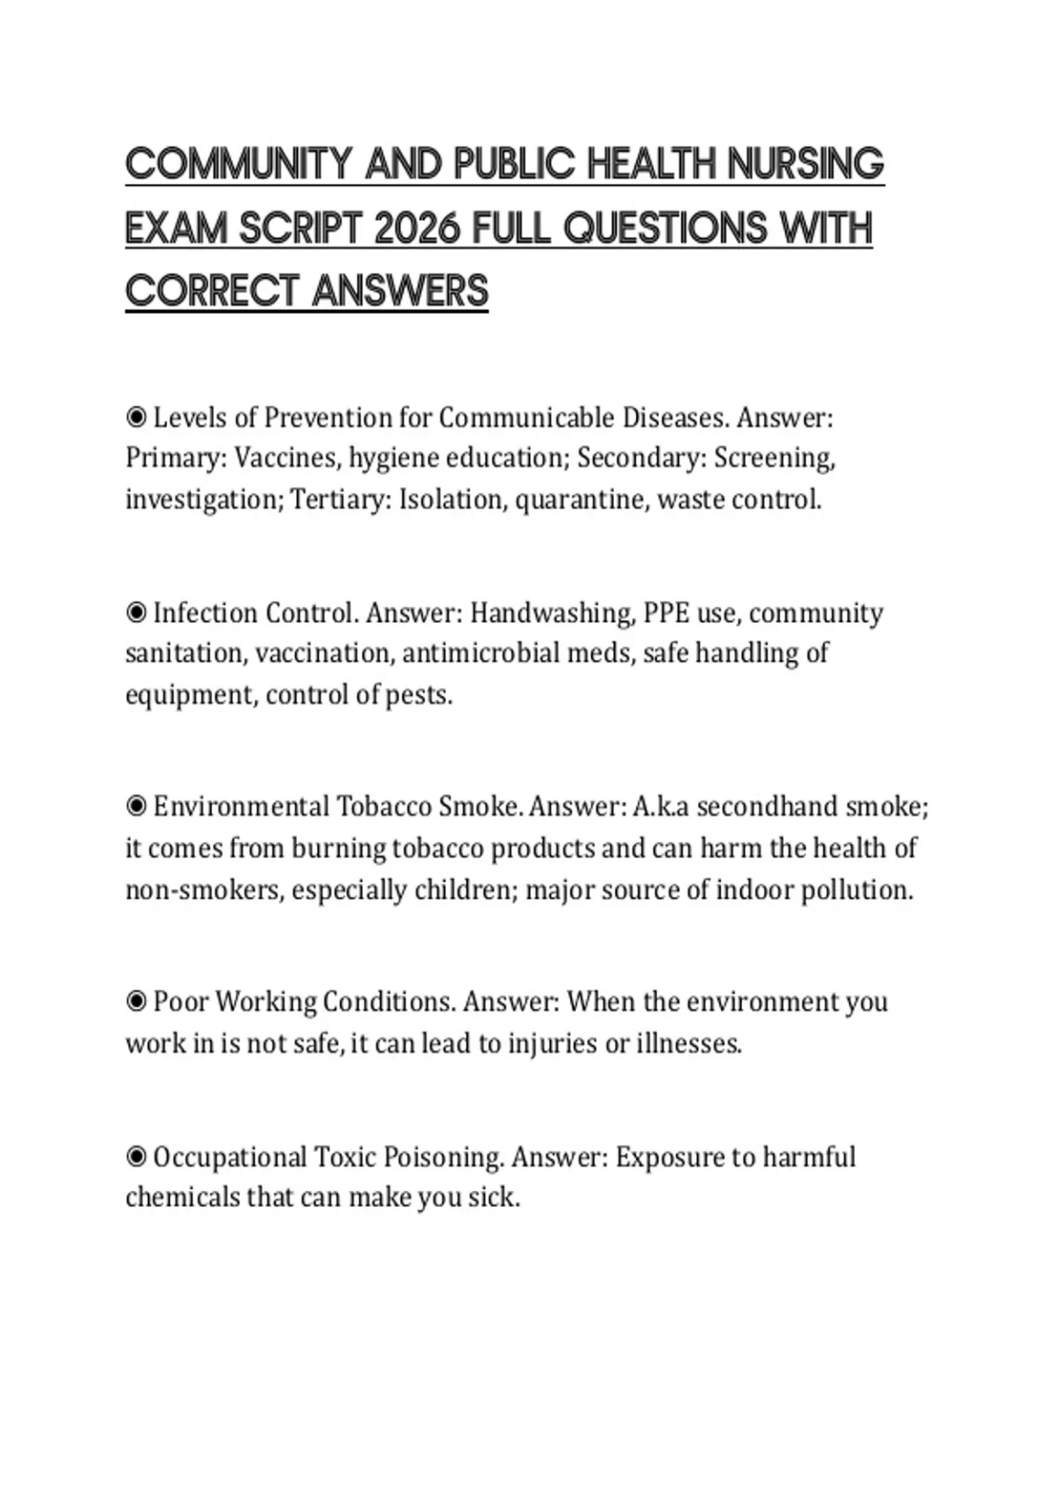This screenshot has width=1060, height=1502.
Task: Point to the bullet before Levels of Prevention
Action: point(136,417)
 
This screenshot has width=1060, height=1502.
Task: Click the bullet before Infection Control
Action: point(136,612)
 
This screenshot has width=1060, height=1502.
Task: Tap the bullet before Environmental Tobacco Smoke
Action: point(136,807)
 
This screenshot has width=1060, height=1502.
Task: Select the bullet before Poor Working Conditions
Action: point(136,1002)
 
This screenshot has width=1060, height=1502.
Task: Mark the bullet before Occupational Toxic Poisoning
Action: point(136,1157)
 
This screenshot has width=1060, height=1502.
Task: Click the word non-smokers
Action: point(205,890)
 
